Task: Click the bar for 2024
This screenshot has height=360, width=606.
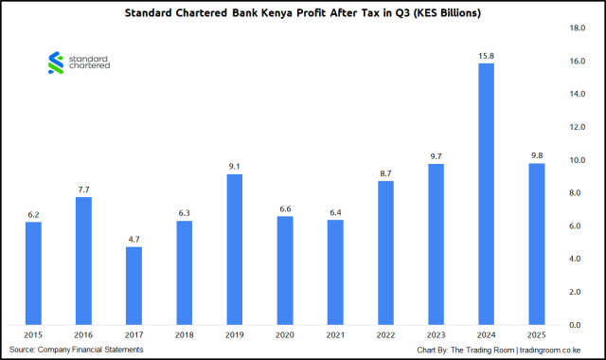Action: (x=486, y=194)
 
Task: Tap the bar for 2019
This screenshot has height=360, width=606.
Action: (x=234, y=250)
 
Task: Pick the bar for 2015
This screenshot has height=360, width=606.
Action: (x=33, y=274)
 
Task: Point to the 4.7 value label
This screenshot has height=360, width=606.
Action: (x=134, y=240)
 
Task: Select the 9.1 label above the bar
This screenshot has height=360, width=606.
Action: (x=234, y=167)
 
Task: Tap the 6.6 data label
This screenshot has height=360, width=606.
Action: (x=284, y=208)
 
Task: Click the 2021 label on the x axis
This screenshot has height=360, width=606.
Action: (x=334, y=335)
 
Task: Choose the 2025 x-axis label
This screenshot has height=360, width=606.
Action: (x=536, y=335)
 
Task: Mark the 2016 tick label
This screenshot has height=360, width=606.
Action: (x=83, y=335)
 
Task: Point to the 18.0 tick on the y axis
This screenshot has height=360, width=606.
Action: (x=574, y=28)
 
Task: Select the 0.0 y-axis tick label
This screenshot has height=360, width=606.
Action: (x=576, y=325)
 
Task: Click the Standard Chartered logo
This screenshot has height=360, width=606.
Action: (x=79, y=63)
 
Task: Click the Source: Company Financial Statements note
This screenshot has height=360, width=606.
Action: (x=76, y=350)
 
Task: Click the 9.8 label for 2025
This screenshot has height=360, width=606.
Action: (x=536, y=155)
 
